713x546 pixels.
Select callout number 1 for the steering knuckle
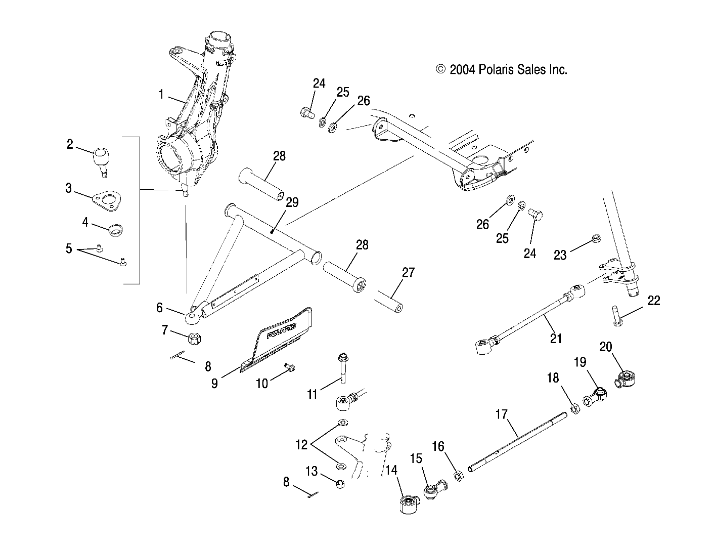click(x=161, y=94)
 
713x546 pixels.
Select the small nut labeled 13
click(x=340, y=484)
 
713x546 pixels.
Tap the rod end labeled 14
click(x=408, y=505)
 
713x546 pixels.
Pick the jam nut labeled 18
click(x=574, y=408)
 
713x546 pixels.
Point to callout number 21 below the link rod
click(x=556, y=338)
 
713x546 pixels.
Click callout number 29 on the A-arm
click(x=292, y=202)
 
